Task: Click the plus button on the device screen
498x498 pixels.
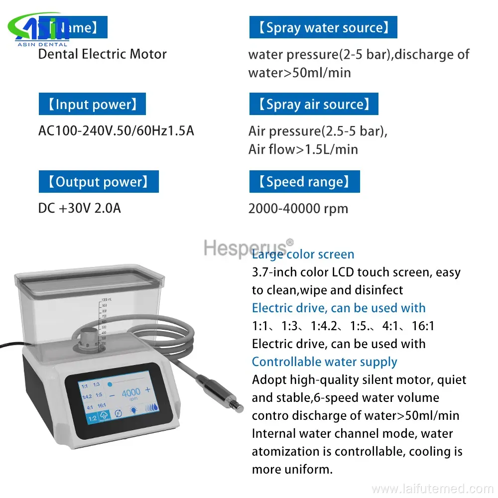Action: coord(148,389)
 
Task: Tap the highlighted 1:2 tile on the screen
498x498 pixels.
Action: coord(93,419)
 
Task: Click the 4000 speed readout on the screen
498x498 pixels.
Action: coord(131,391)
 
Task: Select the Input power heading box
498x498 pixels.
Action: coord(92,104)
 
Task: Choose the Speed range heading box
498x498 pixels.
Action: coord(304,182)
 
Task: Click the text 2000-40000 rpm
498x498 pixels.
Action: coord(298,208)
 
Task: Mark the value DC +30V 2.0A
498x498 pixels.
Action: coord(80,208)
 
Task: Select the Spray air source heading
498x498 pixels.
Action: coord(314,104)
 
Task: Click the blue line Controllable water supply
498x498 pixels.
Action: coord(324,362)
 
